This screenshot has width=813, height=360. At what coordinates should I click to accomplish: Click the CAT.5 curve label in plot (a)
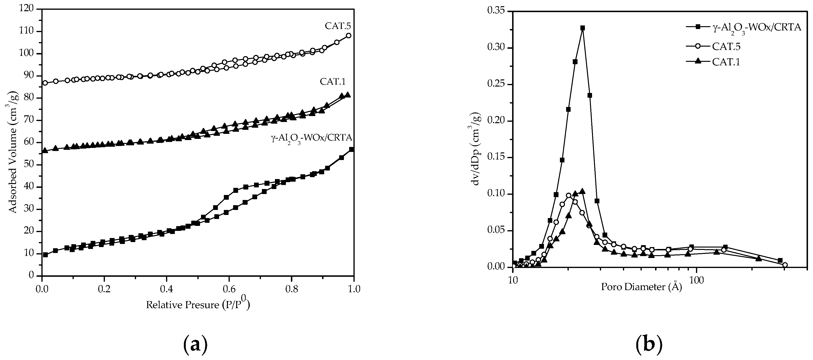[x=338, y=26]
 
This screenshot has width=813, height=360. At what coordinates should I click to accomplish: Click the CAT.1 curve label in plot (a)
[x=333, y=81]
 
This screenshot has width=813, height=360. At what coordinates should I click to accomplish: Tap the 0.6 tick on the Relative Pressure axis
[x=229, y=289]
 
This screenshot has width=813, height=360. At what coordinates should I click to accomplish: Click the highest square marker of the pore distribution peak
[x=582, y=28]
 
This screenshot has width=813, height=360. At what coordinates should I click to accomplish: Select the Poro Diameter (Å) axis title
[x=641, y=287]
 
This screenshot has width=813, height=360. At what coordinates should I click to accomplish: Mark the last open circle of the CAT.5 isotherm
[x=348, y=36]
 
